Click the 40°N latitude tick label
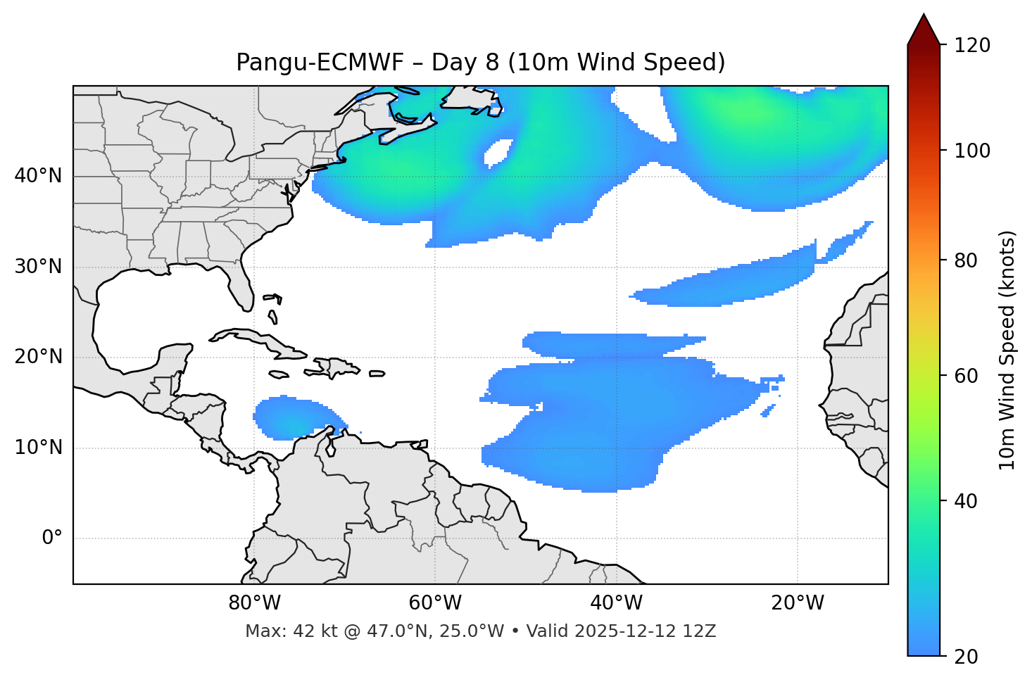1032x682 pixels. click(38, 176)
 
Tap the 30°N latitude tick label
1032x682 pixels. click(38, 267)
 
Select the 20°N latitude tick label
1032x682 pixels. click(38, 357)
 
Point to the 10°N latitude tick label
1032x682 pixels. click(38, 448)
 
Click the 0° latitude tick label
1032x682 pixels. click(52, 538)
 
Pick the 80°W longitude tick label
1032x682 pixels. click(254, 603)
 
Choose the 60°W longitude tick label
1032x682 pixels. click(435, 603)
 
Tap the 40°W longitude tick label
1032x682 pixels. click(616, 603)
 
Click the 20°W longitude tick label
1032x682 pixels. click(797, 603)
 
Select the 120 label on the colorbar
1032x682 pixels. click(971, 46)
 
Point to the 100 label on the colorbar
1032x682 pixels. click(971, 151)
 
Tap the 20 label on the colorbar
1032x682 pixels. click(966, 657)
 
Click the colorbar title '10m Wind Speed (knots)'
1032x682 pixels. click(1007, 350)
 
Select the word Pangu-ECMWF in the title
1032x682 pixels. click(320, 63)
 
